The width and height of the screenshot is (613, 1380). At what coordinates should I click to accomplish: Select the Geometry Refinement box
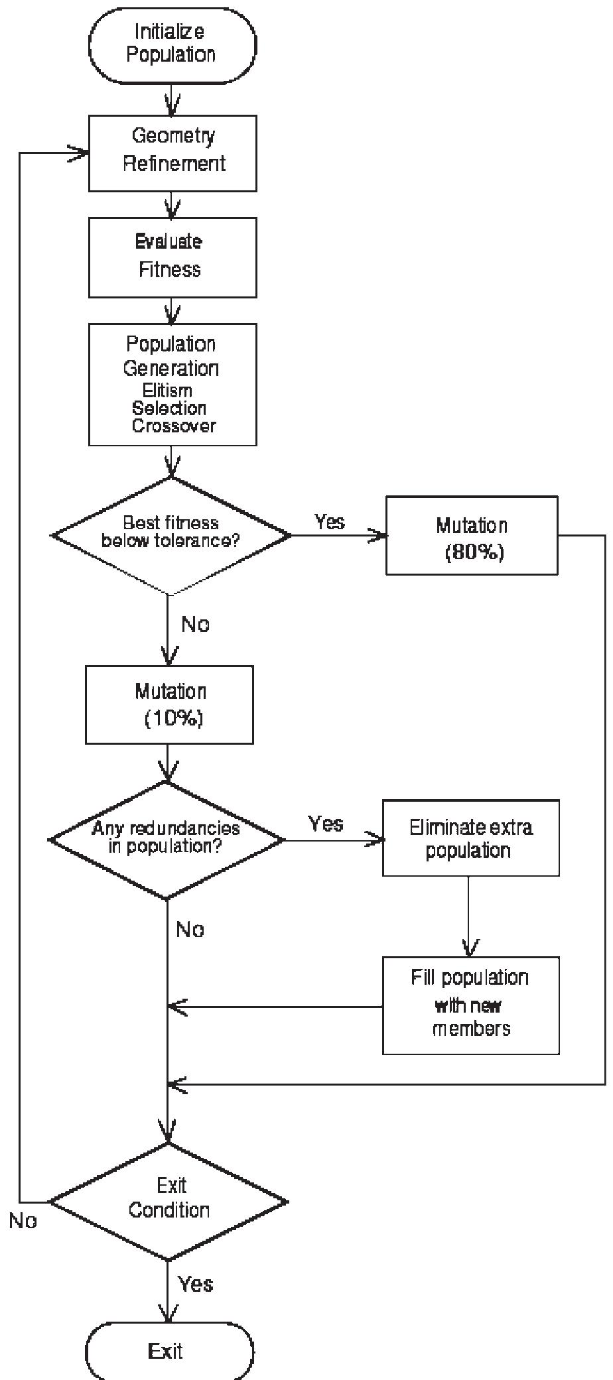pyautogui.click(x=172, y=153)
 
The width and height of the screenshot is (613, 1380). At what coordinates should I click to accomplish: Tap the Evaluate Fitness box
pyautogui.click(x=172, y=257)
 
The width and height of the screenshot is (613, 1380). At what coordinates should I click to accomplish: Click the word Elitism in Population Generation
pyautogui.click(x=167, y=390)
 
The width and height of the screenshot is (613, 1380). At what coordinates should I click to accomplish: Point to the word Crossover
pyautogui.click(x=174, y=426)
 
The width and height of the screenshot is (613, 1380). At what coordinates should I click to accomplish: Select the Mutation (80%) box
pyautogui.click(x=472, y=535)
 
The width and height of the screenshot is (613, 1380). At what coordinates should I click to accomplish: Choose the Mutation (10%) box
pyautogui.click(x=169, y=704)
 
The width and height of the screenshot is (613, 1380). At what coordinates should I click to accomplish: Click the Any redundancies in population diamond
pyautogui.click(x=167, y=840)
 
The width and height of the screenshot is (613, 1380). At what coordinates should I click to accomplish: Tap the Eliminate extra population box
pyautogui.click(x=470, y=838)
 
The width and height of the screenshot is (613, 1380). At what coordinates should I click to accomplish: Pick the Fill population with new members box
pyautogui.click(x=470, y=1005)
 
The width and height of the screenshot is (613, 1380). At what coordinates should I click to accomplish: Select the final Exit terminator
pyautogui.click(x=169, y=1351)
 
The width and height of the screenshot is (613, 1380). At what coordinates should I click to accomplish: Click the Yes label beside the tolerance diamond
pyautogui.click(x=330, y=522)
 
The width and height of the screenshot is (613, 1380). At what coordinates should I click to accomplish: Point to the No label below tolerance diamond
pyautogui.click(x=195, y=625)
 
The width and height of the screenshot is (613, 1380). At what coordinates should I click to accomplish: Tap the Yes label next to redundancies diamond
pyautogui.click(x=326, y=824)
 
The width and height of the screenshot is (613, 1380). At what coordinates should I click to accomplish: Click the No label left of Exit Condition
pyautogui.click(x=23, y=1221)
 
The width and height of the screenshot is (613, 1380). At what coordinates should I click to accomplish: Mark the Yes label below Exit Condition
pyautogui.click(x=196, y=1284)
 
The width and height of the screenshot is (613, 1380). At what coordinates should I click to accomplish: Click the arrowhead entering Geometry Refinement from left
pyautogui.click(x=81, y=153)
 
